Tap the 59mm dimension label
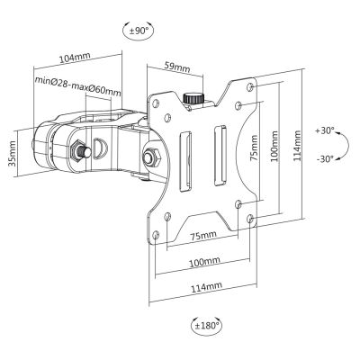(178, 67)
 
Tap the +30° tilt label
(325, 130)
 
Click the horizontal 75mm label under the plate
(205, 236)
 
